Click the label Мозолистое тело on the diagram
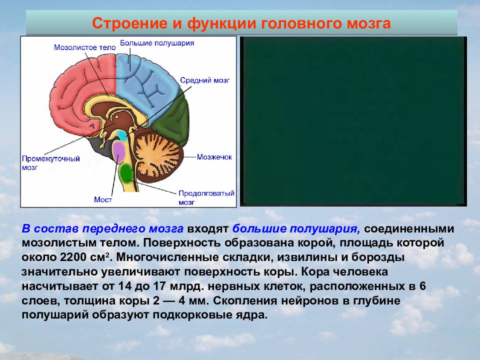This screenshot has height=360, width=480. coord(85,47)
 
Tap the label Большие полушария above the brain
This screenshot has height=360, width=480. coord(157,43)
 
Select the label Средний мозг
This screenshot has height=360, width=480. coord(205,80)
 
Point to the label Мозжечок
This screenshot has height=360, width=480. coord(214,157)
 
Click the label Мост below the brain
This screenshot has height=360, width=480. coord(103,199)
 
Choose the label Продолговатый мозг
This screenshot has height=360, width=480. coord(206,198)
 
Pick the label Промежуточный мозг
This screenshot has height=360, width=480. coord(51,163)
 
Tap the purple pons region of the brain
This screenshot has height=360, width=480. coord(119,151)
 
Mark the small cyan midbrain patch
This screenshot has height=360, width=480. coord(122,135)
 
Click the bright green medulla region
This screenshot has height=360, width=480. coord(126,172)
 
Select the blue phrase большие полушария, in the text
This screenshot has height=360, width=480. coord(296,229)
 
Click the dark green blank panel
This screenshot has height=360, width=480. coord(353,121)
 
